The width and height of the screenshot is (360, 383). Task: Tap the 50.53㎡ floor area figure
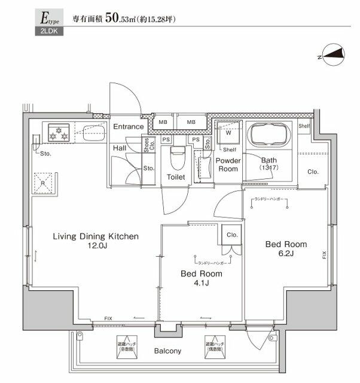click(121, 19)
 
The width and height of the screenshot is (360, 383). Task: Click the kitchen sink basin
click(92, 131)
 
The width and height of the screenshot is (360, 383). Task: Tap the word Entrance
click(129, 127)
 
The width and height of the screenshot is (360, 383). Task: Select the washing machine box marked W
click(228, 132)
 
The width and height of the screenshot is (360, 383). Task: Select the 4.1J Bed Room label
click(202, 278)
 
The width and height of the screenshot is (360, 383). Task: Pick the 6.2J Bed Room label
click(286, 249)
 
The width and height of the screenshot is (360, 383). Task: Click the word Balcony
click(169, 351)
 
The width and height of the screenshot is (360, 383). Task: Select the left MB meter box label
click(162, 122)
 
